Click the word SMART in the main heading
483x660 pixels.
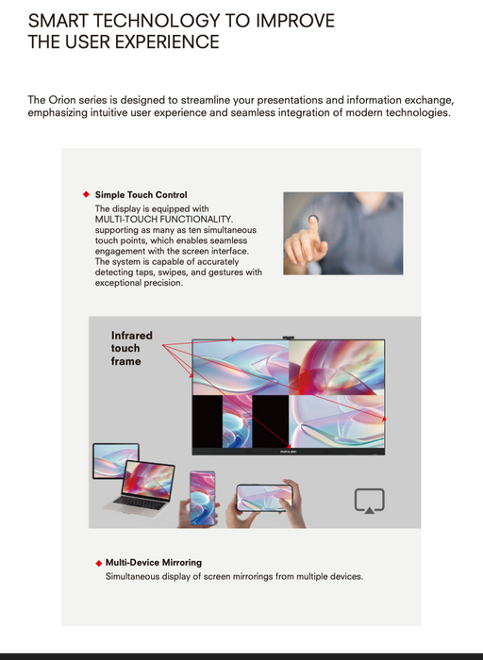pyautogui.click(x=58, y=21)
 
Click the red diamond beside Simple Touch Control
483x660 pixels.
pyautogui.click(x=86, y=195)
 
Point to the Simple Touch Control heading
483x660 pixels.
pyautogui.click(x=141, y=195)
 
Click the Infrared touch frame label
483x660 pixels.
pyautogui.click(x=131, y=348)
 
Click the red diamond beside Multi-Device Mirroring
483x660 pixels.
pyautogui.click(x=98, y=563)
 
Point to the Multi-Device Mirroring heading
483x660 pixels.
pyautogui.click(x=153, y=563)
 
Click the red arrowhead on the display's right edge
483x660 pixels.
pyautogui.click(x=383, y=418)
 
